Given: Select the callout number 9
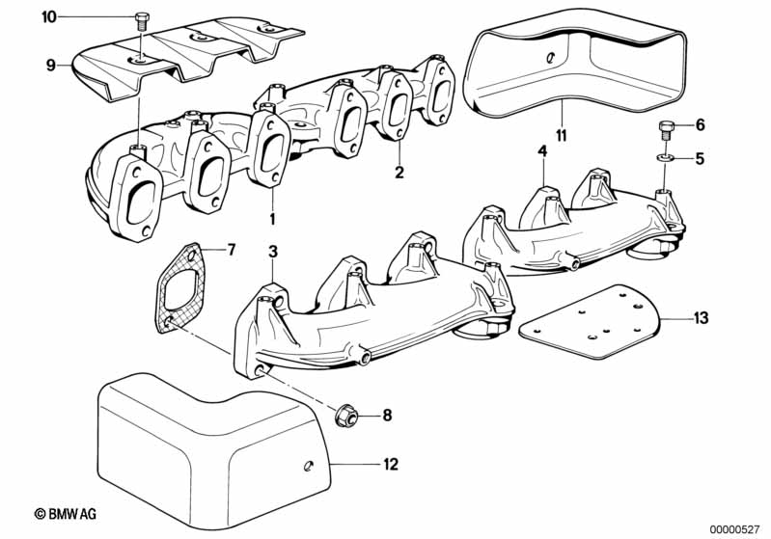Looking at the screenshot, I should (x=50, y=66).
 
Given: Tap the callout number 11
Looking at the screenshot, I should (x=561, y=133).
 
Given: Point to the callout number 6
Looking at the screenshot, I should (x=701, y=125).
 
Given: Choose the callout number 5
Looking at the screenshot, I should (x=701, y=157).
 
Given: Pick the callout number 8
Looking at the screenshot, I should (x=387, y=416).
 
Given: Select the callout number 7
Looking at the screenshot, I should (x=231, y=250).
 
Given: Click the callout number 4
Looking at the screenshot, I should (x=542, y=151).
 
